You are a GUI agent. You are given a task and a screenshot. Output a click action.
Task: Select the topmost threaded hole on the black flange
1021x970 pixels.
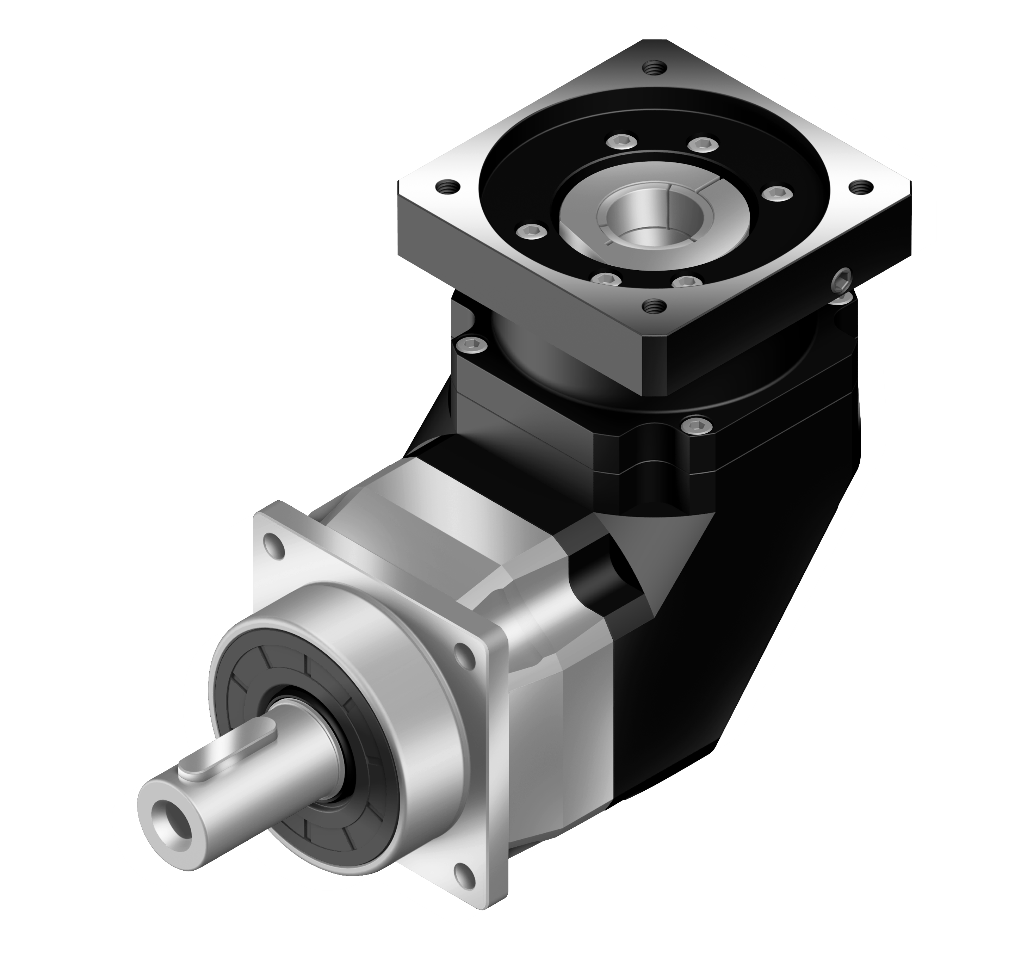tap(651, 67)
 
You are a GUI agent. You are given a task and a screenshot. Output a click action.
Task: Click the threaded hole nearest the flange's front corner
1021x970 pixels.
tap(651, 306)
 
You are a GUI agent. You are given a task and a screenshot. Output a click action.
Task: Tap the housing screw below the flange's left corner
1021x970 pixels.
tap(473, 343)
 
